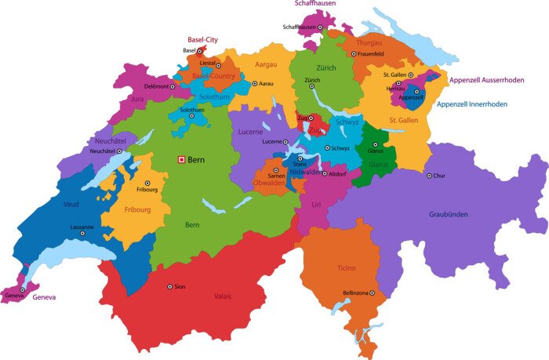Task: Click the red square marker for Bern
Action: (182, 159)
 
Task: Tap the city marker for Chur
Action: (428, 176)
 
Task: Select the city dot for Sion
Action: (169, 286)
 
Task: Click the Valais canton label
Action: (223, 296)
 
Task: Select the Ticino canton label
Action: (346, 268)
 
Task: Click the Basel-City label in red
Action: (202, 39)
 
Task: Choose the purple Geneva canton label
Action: (43, 297)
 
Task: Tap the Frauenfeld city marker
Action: (354, 54)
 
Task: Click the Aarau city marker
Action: (255, 83)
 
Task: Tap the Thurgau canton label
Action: (369, 42)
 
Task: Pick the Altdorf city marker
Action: (325, 173)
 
